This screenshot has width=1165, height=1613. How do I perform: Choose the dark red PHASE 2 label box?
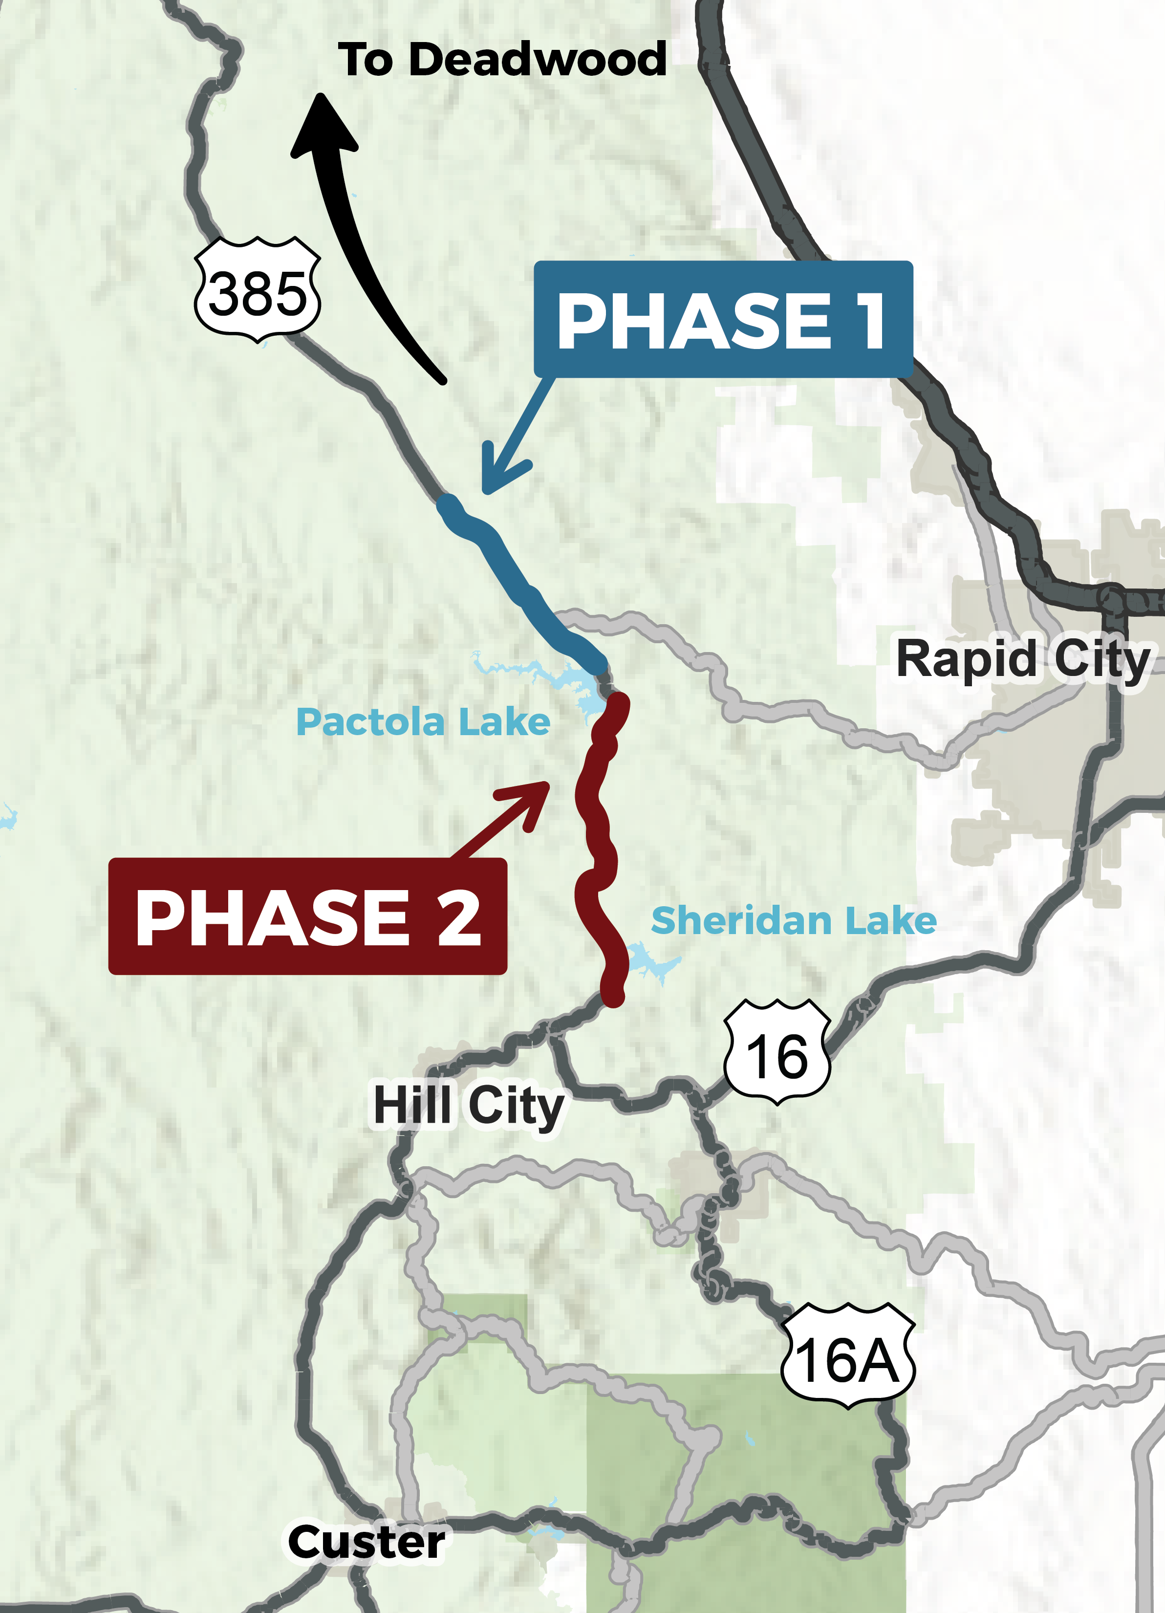pos(307,917)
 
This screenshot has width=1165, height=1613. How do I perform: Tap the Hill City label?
pos(469,1107)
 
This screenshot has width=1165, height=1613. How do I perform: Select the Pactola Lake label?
pos(423,722)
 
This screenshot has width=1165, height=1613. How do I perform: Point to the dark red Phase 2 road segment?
pos(598,846)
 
